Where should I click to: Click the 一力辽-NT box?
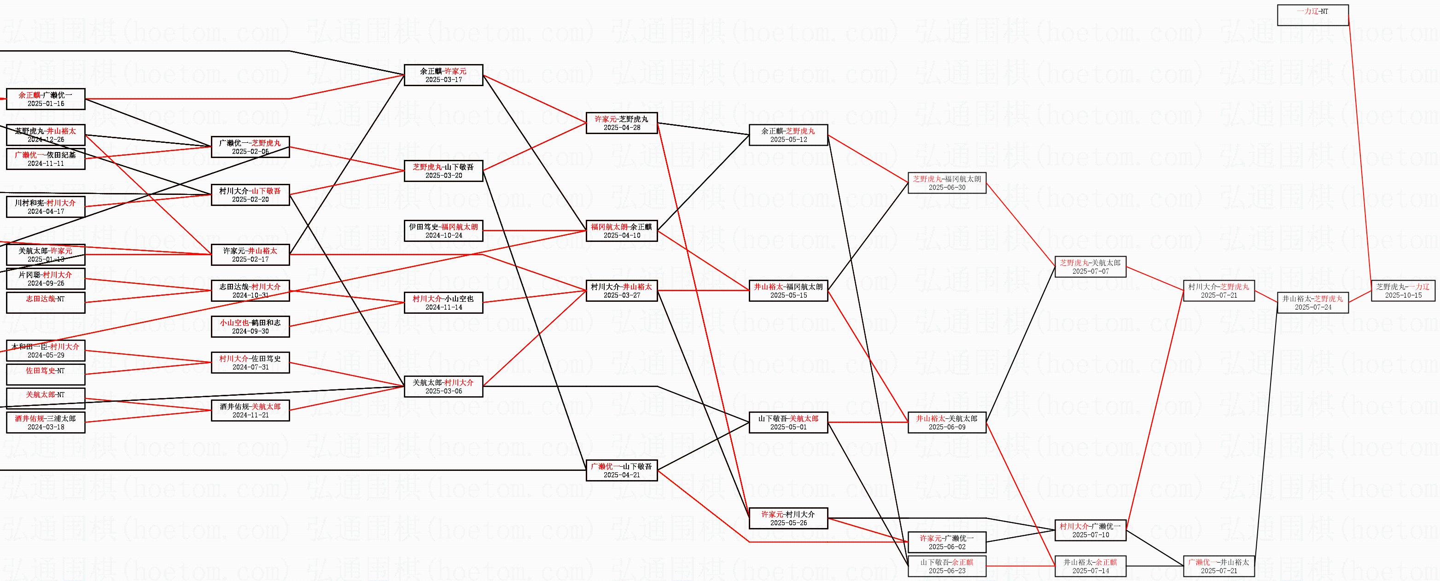coord(1312,15)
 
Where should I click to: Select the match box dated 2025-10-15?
coord(1403,291)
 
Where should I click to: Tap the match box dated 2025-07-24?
coord(1312,303)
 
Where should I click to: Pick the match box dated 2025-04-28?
coord(622,123)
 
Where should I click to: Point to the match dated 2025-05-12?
coord(788,135)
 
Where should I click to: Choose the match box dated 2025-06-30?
coord(946,183)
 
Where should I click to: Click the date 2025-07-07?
coord(1090,272)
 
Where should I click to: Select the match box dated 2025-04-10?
coord(622,231)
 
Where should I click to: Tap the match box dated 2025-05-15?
coord(788,291)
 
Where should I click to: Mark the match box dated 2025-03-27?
coord(622,291)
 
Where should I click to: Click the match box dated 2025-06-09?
coord(946,422)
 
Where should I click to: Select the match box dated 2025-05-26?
coord(788,518)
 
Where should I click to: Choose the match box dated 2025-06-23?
coord(946,566)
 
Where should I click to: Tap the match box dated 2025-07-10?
coord(1090,530)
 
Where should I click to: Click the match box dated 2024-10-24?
coord(443,231)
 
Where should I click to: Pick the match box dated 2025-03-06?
coord(443,387)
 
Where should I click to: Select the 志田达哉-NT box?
coord(45,303)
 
